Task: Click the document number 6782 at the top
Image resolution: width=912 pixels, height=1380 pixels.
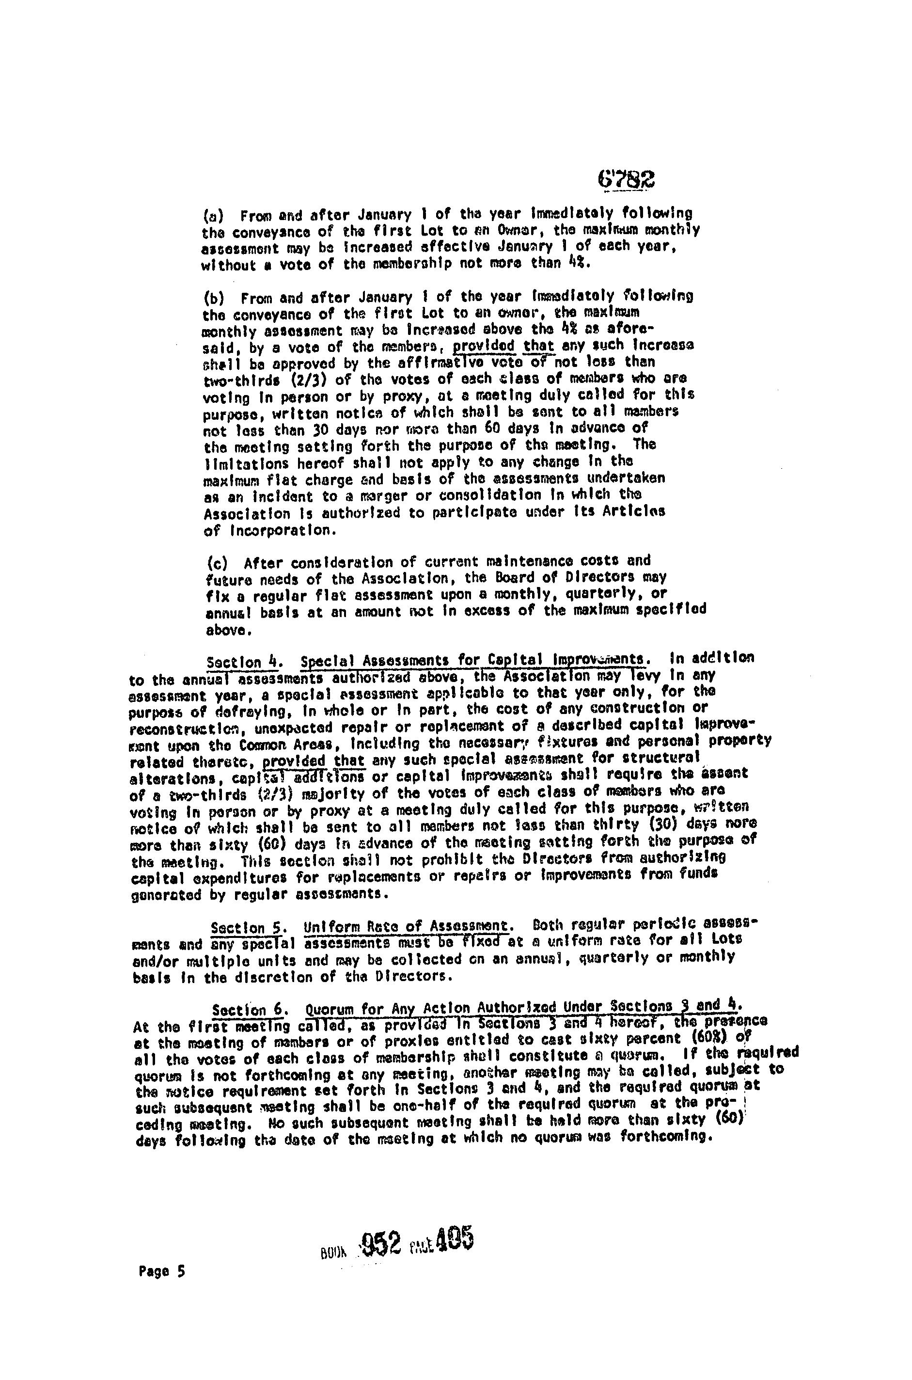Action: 625,179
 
